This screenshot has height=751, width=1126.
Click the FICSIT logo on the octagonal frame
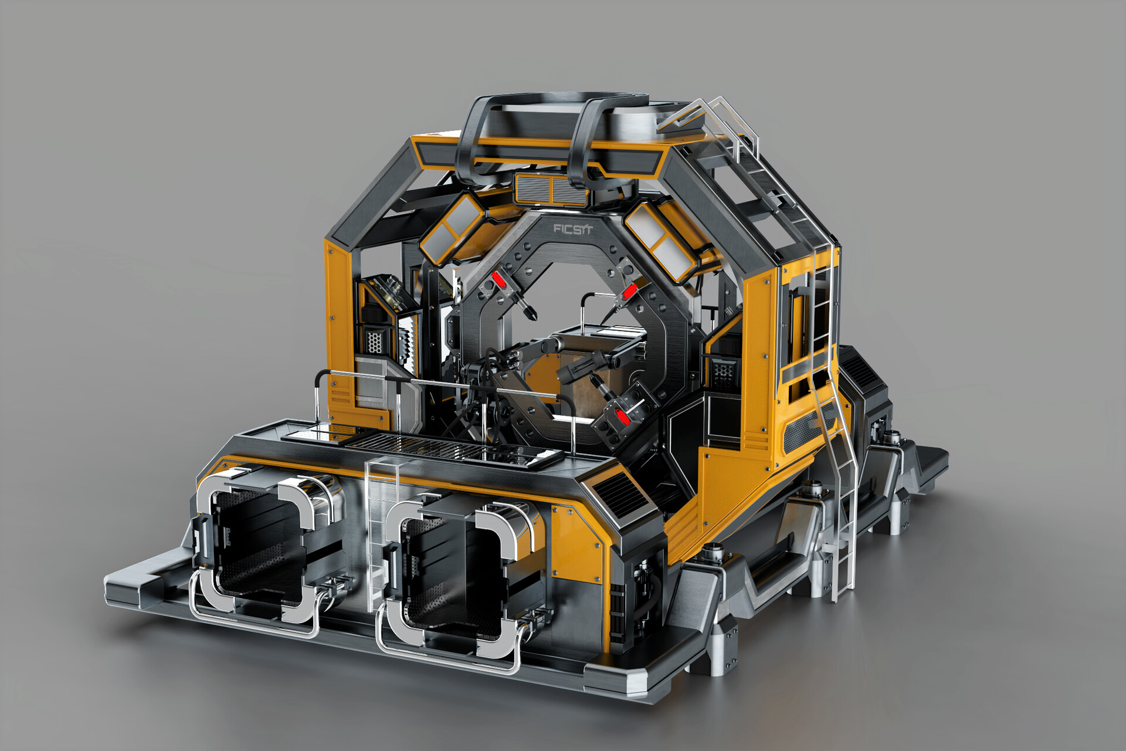pyautogui.click(x=573, y=228)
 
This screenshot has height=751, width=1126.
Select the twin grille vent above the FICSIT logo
pyautogui.click(x=551, y=188)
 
